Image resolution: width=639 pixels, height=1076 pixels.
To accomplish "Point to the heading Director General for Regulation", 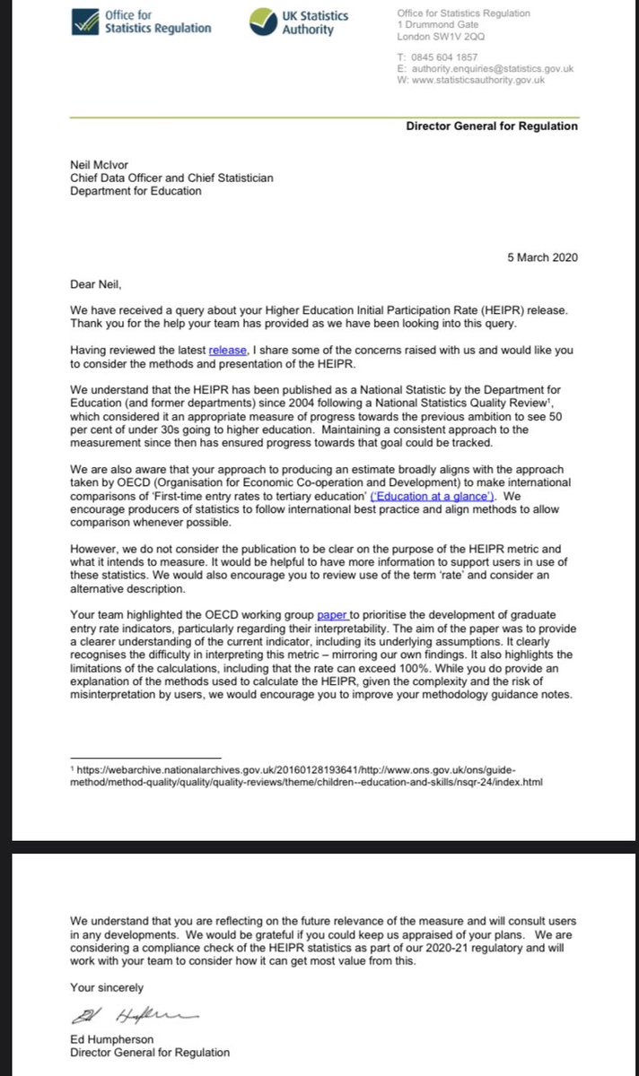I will point(492,126).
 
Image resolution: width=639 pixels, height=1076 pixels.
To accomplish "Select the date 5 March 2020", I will point(542,257).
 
